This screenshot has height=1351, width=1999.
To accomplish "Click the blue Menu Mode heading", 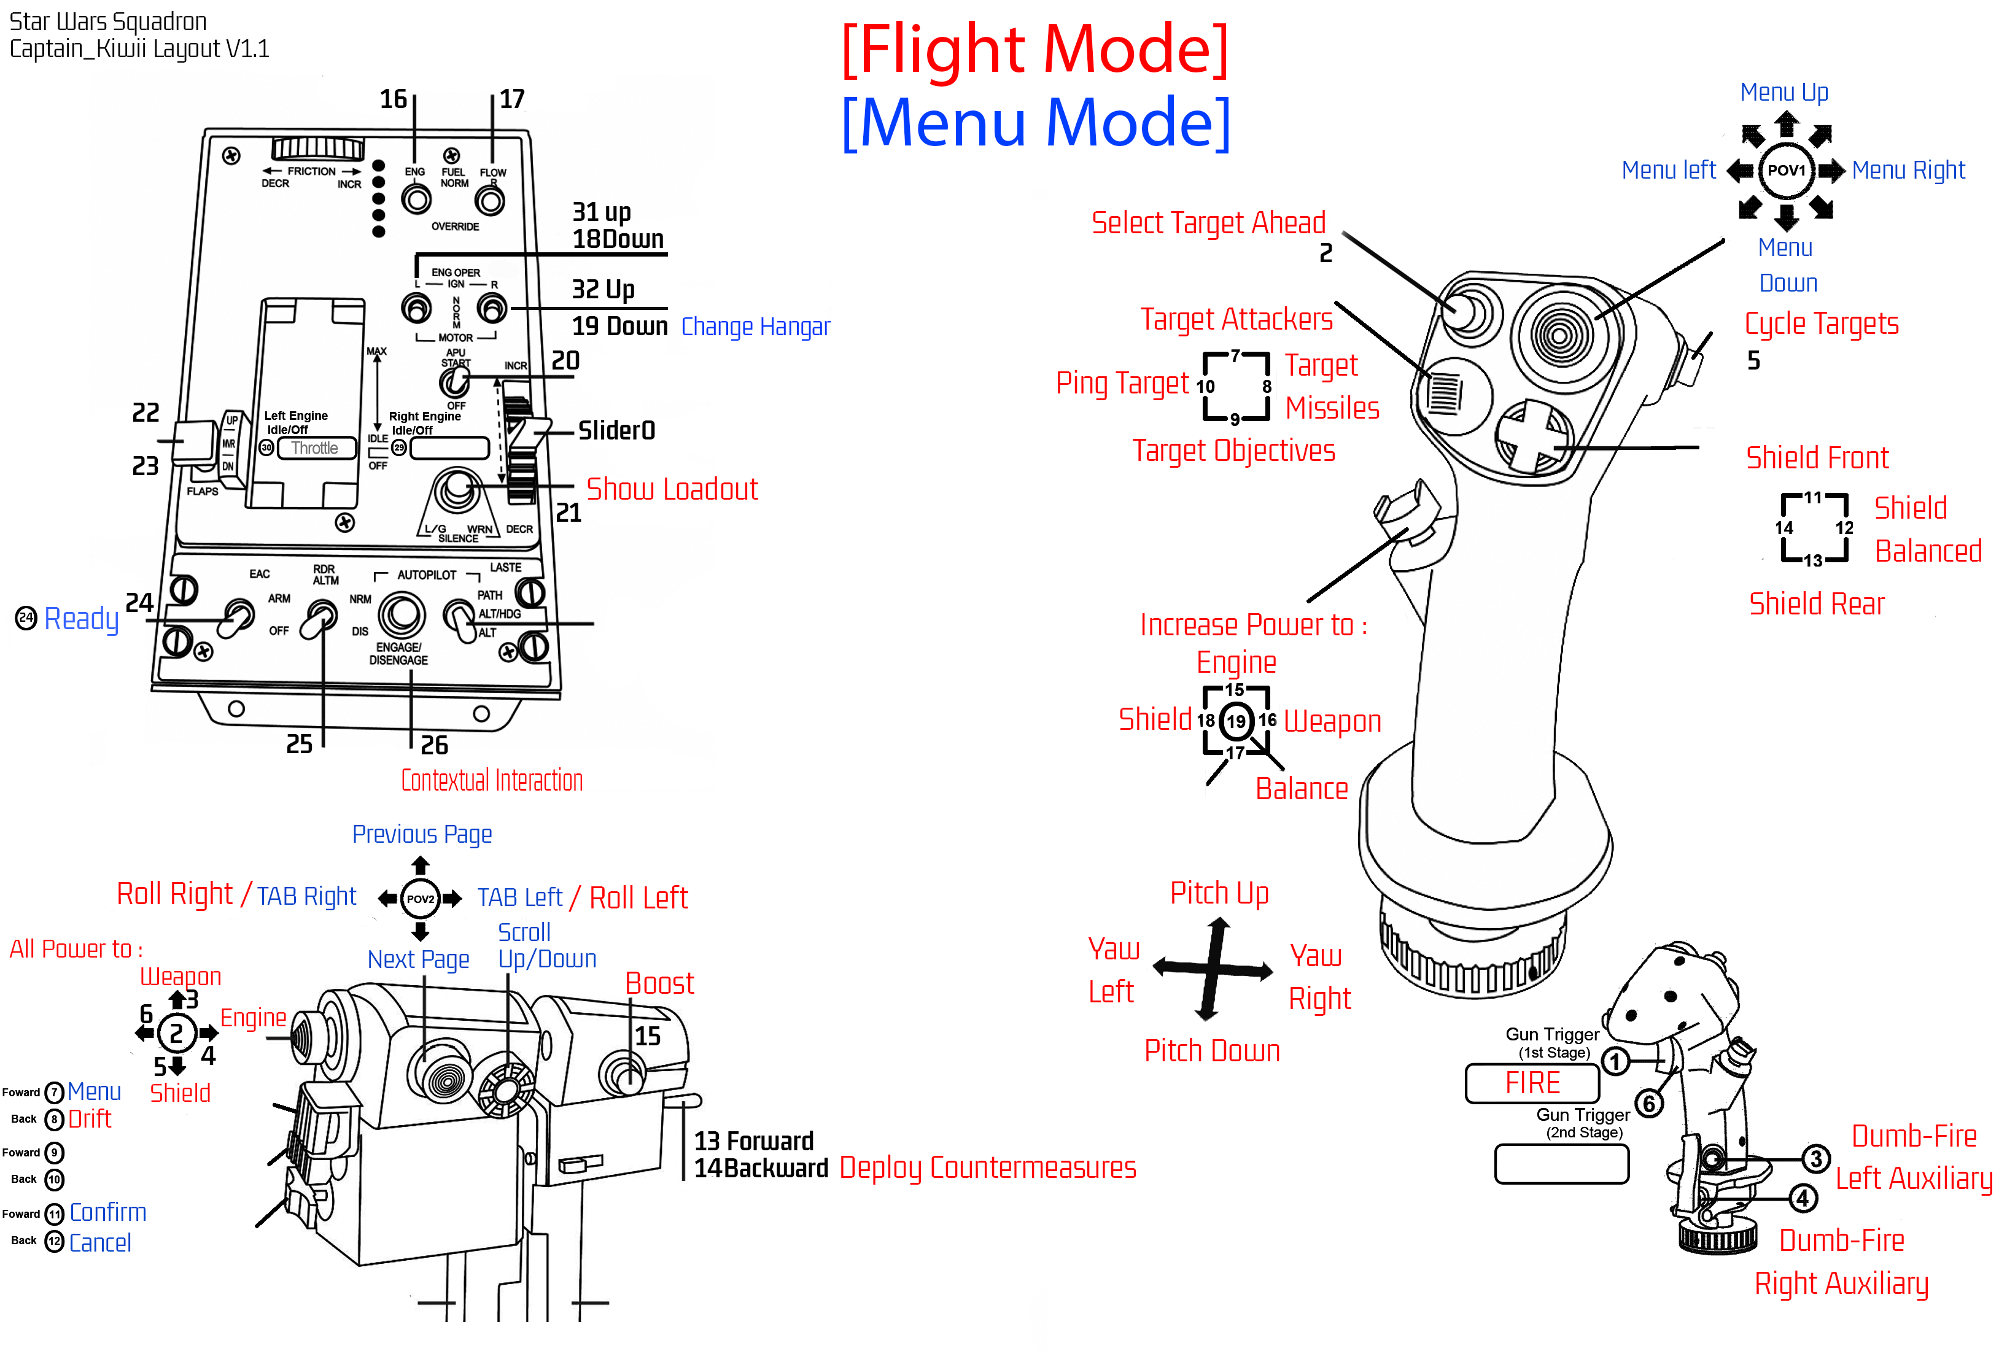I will pos(1034,122).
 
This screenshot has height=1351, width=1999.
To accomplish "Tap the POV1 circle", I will pos(1786,170).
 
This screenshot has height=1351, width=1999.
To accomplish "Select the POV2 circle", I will pos(420,899).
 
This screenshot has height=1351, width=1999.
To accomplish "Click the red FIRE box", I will pos(1532,1083).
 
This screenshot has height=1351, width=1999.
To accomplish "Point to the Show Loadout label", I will pos(672,489).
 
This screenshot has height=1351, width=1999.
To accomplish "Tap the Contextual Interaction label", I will pos(492,780).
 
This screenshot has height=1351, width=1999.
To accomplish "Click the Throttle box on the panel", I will pos(315,448).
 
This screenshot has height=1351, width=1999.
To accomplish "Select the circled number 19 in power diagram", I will pos(1236,721).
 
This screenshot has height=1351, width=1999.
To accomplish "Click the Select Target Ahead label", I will pos(1208,223).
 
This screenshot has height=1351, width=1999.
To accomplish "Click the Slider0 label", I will pos(616,430).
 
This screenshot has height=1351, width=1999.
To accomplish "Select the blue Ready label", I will pos(81,618).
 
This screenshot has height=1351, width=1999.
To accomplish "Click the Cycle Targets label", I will pos(1821,324).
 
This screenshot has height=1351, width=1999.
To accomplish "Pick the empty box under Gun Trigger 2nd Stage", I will pos(1561,1164).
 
